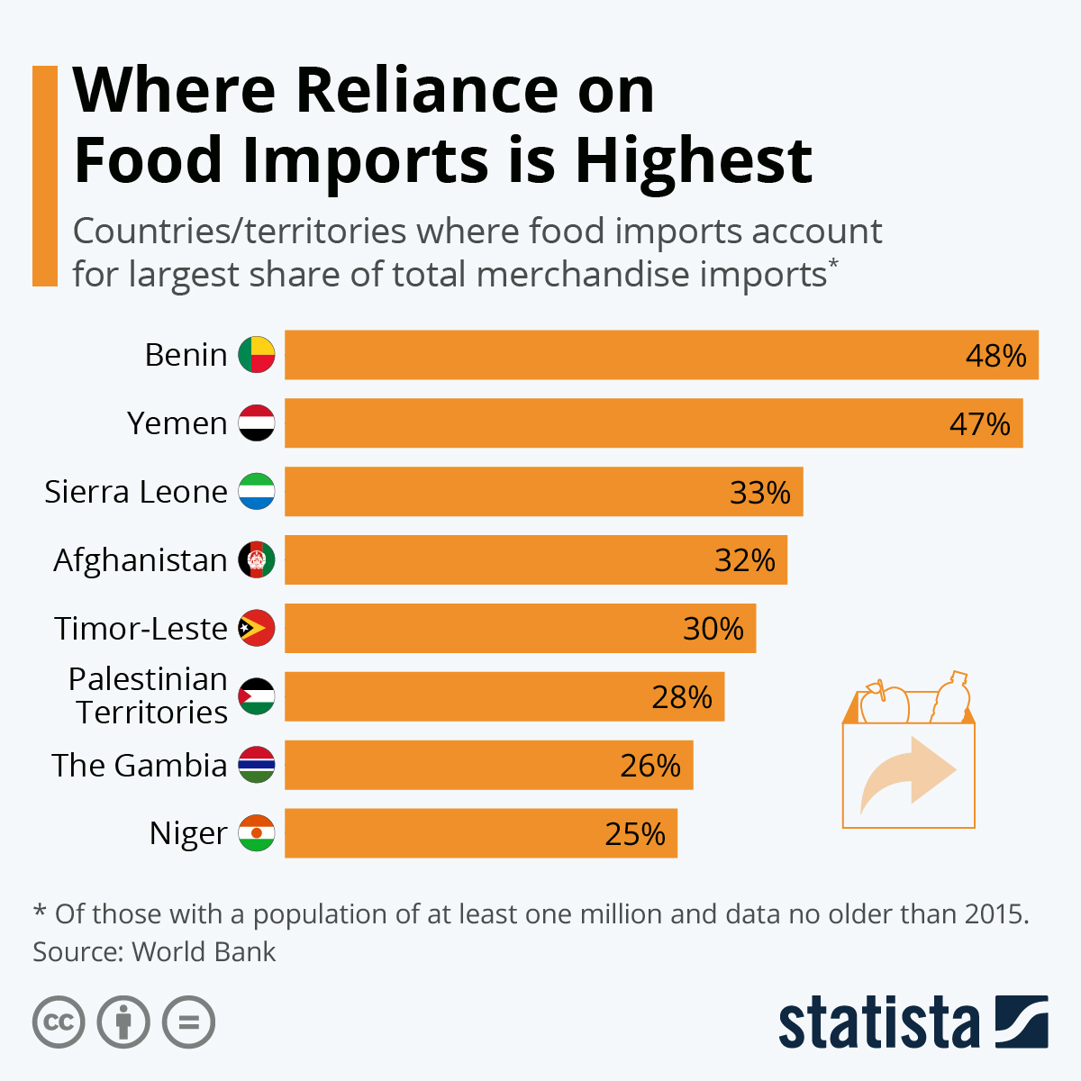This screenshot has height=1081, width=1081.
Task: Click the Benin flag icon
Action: pyautogui.click(x=257, y=355)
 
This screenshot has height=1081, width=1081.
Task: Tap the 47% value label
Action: pyautogui.click(x=980, y=423)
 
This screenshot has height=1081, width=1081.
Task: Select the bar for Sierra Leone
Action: pyautogui.click(x=543, y=492)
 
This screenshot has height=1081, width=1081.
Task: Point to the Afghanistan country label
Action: pyautogui.click(x=141, y=560)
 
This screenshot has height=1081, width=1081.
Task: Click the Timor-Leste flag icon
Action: pyautogui.click(x=257, y=629)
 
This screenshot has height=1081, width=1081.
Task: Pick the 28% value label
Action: pyautogui.click(x=682, y=697)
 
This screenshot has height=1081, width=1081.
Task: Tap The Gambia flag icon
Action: pyautogui.click(x=257, y=765)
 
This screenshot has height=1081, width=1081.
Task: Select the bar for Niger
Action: pyautogui.click(x=480, y=833)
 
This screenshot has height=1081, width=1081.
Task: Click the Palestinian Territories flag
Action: pyautogui.click(x=257, y=696)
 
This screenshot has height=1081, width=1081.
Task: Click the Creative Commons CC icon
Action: pyautogui.click(x=59, y=1022)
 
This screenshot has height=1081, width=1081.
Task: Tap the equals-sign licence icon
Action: pyautogui.click(x=189, y=1022)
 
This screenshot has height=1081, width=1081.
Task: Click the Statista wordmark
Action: pyautogui.click(x=878, y=1023)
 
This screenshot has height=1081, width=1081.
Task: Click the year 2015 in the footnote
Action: pyautogui.click(x=995, y=914)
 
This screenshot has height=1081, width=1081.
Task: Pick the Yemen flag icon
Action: pyautogui.click(x=257, y=423)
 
